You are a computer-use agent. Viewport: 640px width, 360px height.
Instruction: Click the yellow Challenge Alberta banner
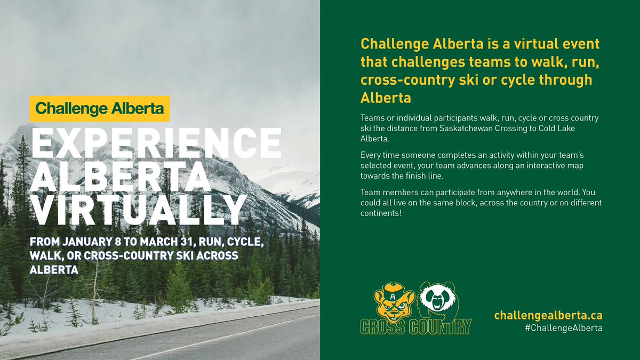[x=100, y=109]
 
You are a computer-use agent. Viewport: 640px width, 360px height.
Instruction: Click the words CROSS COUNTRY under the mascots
[x=416, y=326]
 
